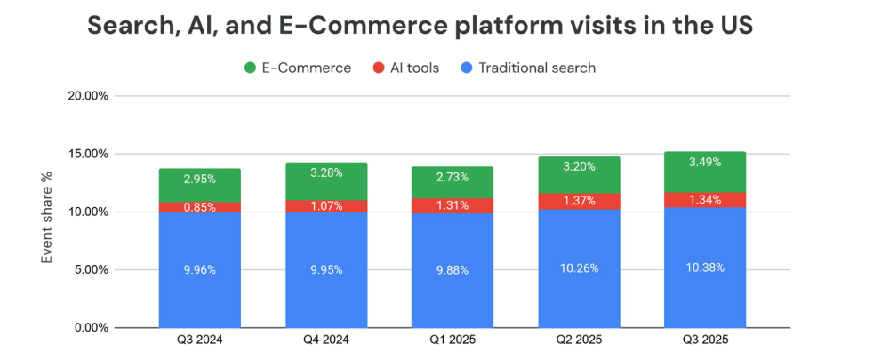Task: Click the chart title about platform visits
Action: [420, 26]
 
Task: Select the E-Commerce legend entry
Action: [297, 68]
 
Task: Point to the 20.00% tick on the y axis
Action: [88, 96]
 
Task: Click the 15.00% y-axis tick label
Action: [88, 154]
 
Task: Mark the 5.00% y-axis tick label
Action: [91, 270]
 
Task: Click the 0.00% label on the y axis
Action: [91, 328]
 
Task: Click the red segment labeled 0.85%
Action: [200, 207]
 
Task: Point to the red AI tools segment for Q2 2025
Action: [579, 201]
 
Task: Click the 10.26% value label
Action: [579, 268]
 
